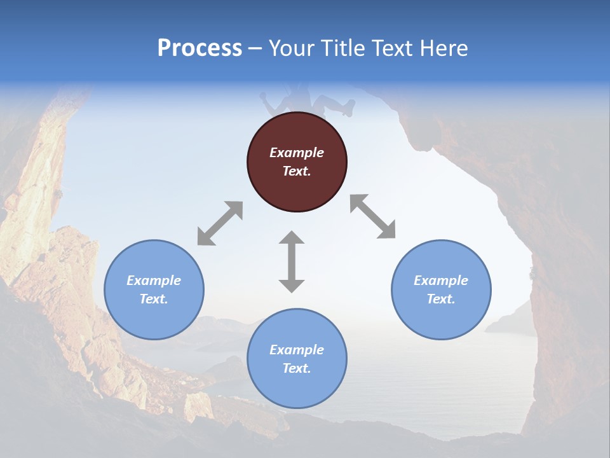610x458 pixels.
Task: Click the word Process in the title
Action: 200,48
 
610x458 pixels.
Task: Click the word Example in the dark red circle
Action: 297,153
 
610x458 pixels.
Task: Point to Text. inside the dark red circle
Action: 297,171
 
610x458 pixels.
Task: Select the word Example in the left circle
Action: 154,281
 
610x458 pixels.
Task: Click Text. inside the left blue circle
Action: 154,299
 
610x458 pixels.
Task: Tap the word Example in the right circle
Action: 441,281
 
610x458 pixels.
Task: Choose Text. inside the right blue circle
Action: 441,299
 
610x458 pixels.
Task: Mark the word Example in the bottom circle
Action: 297,350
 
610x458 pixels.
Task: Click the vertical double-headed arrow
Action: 292,261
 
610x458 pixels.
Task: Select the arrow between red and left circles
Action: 220,223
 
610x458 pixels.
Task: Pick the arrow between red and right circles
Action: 372,216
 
